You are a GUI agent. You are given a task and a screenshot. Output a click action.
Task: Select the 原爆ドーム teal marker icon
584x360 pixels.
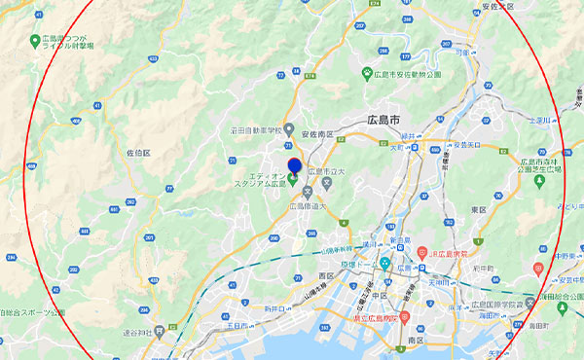coord(386,264)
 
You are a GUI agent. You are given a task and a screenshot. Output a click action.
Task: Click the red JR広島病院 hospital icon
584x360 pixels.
coord(422,252)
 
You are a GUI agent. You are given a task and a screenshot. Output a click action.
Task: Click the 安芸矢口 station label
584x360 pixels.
coord(467,145)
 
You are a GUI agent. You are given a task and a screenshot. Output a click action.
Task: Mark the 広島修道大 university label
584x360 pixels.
coord(310,206)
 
